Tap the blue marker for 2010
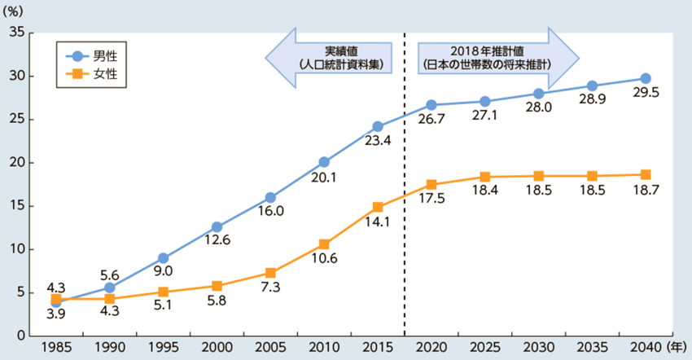324,162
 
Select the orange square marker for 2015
378,207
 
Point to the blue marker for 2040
646,78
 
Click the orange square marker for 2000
217,286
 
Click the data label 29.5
645,94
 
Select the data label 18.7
645,191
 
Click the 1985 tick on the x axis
56,347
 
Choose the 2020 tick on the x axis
431,347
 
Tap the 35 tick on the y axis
15,33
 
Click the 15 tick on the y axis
15,206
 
